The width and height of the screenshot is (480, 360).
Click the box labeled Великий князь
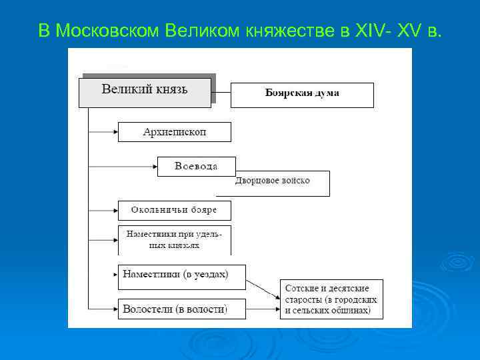(145, 92)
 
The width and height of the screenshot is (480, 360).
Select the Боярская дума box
(302, 95)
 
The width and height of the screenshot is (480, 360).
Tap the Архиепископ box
(175, 132)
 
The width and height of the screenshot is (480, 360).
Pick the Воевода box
(187, 166)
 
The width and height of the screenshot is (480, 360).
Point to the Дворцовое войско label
(273, 181)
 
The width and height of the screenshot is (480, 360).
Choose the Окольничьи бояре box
(175, 210)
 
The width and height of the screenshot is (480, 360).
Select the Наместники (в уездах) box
(181, 276)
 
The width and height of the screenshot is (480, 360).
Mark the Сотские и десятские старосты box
(331, 299)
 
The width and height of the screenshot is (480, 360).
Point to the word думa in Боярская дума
(327, 93)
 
